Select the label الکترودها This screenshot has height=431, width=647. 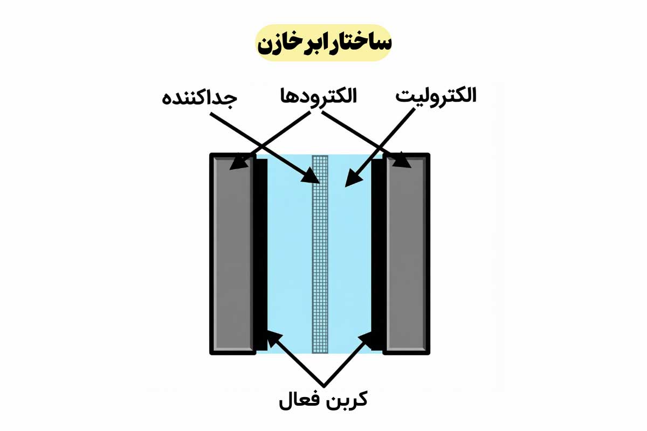[x=318, y=97]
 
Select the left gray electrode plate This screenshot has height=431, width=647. [x=232, y=253]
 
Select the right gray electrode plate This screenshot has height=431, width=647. [x=407, y=253]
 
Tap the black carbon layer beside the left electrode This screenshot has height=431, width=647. [x=260, y=253]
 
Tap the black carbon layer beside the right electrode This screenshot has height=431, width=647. [x=378, y=253]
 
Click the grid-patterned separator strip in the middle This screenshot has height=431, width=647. [x=320, y=253]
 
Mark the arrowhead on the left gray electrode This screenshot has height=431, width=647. [x=237, y=164]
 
